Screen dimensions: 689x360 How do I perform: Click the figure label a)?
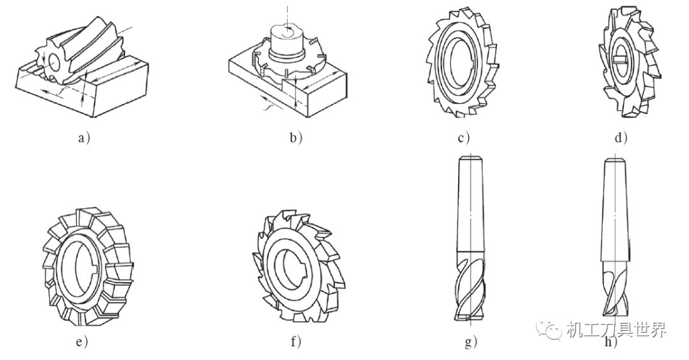click(84, 138)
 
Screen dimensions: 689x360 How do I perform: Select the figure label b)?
click(296, 138)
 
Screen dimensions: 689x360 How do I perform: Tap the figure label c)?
click(464, 138)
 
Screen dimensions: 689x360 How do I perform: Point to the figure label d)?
click(621, 138)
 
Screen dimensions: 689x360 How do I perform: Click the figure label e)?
click(82, 341)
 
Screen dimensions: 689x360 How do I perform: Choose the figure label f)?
click(296, 341)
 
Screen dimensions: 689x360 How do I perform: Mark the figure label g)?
click(471, 342)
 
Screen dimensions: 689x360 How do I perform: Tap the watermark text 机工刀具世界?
click(616, 329)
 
